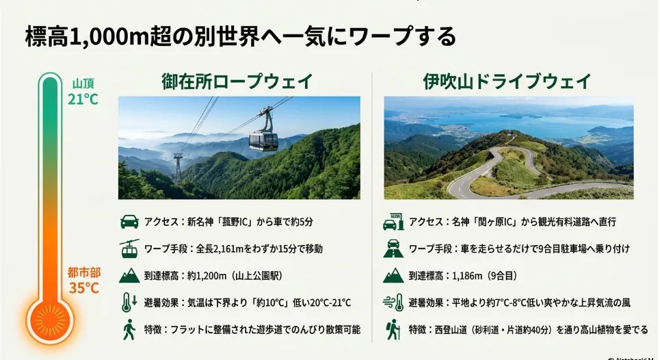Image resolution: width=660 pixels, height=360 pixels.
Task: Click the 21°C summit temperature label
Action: point(83,99)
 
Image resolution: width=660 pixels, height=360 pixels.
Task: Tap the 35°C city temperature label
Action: point(84,288)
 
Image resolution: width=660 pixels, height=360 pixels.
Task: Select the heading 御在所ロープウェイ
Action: point(237,81)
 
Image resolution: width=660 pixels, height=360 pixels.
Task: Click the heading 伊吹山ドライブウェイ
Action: point(507,81)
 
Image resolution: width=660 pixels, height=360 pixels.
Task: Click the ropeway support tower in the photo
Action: point(178,168)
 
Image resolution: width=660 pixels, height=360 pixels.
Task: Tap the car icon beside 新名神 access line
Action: point(129,222)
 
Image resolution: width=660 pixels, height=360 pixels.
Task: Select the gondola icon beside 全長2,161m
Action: point(129,248)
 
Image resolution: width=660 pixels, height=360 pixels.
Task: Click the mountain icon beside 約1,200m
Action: point(129,276)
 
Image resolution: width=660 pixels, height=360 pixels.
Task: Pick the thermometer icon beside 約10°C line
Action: point(129,303)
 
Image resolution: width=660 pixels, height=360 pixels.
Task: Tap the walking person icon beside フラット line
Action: point(129,329)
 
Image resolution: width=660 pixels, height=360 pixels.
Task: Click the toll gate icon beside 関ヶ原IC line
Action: point(393,222)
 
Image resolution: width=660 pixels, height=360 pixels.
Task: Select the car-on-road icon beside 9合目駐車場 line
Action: point(393,248)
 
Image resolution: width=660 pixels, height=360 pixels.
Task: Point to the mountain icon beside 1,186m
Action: point(393,276)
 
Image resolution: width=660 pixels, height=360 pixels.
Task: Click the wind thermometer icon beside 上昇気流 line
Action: point(393,303)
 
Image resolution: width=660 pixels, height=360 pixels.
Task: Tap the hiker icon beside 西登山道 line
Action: point(393,329)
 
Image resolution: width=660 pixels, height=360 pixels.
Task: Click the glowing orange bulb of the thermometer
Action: point(51,320)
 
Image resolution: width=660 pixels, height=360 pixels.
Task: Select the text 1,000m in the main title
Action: point(107,37)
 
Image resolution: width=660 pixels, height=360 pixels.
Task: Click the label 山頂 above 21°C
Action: point(83,83)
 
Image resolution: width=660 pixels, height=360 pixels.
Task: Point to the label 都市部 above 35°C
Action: point(84,272)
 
